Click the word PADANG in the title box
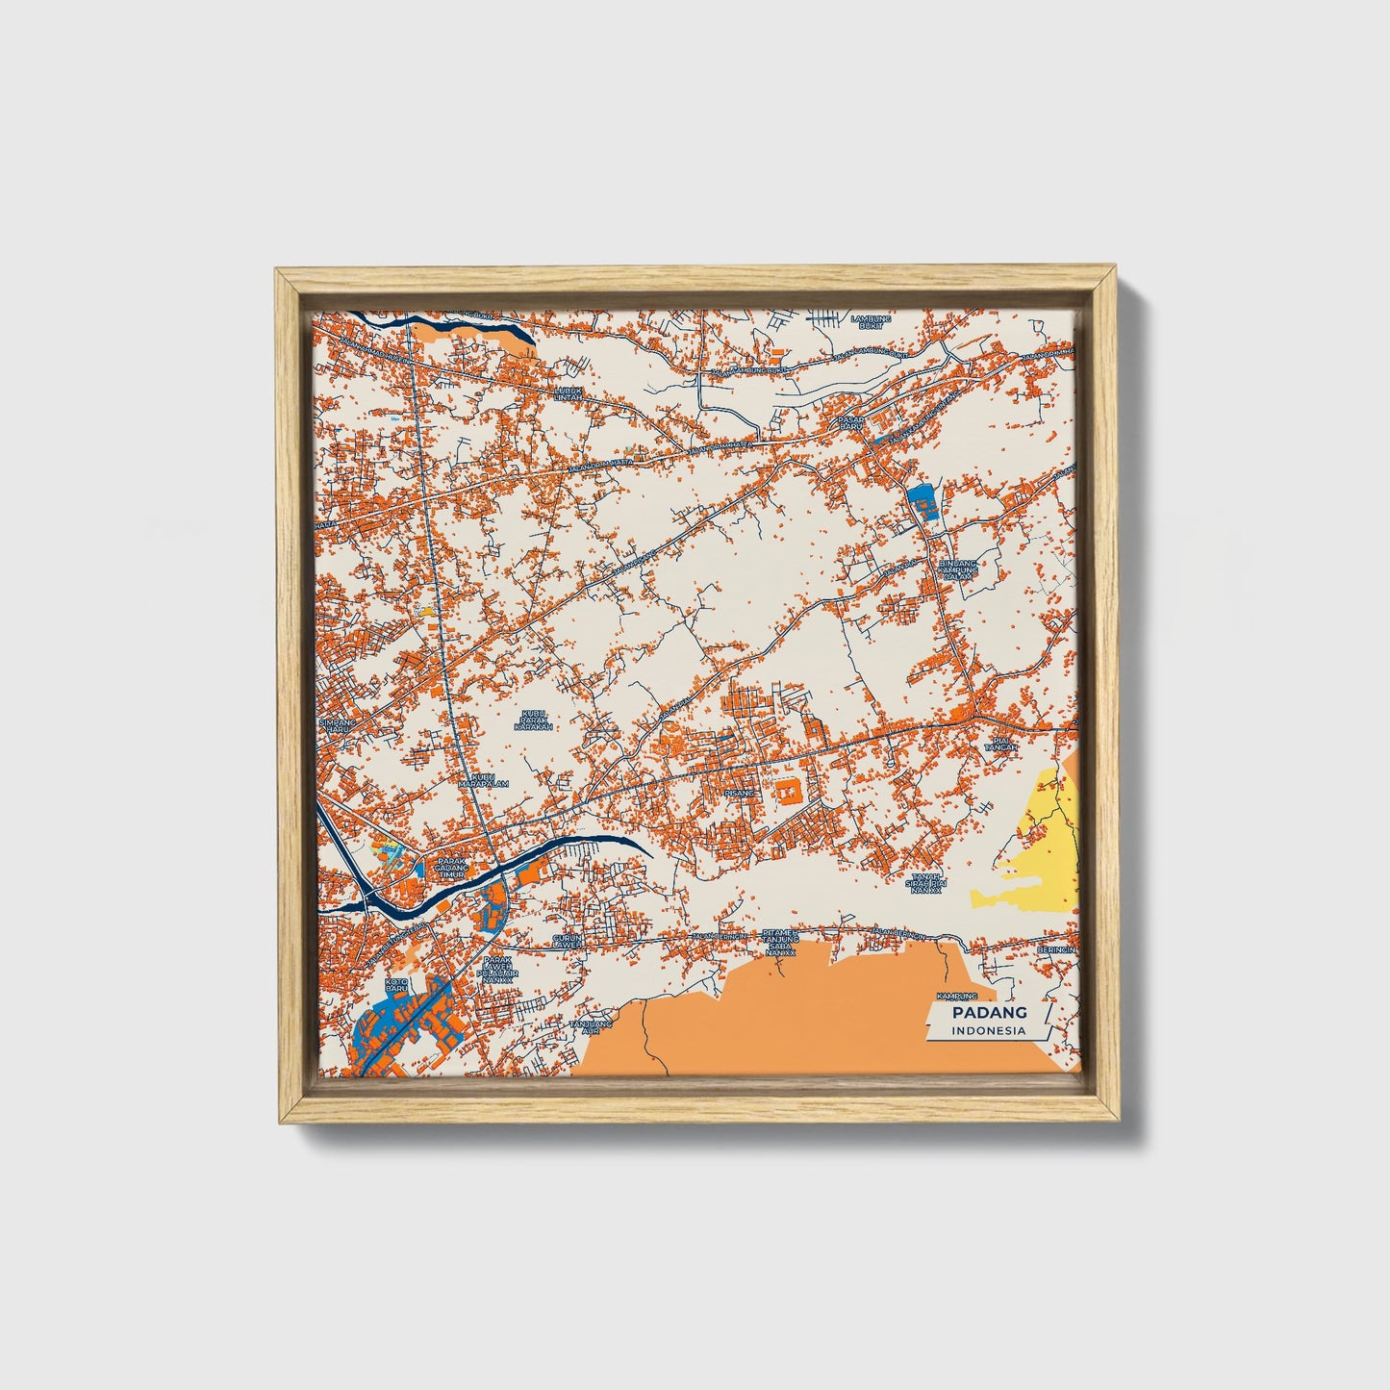(x=989, y=1012)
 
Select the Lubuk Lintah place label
(x=569, y=392)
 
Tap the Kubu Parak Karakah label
(x=533, y=720)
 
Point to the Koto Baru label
(x=396, y=985)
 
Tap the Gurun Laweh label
(x=567, y=940)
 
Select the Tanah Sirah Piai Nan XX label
(x=930, y=883)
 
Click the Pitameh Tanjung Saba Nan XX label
(x=780, y=941)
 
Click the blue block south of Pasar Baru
(x=921, y=500)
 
